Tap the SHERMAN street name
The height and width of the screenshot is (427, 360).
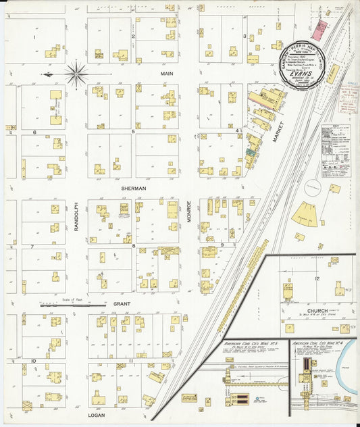click(134, 189)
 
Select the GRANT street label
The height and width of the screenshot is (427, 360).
click(122, 304)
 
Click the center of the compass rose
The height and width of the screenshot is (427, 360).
click(76, 74)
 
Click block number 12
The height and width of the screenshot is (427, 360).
click(315, 278)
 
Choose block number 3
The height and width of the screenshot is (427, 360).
click(244, 36)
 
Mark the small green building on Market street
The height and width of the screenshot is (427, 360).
click(251, 154)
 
